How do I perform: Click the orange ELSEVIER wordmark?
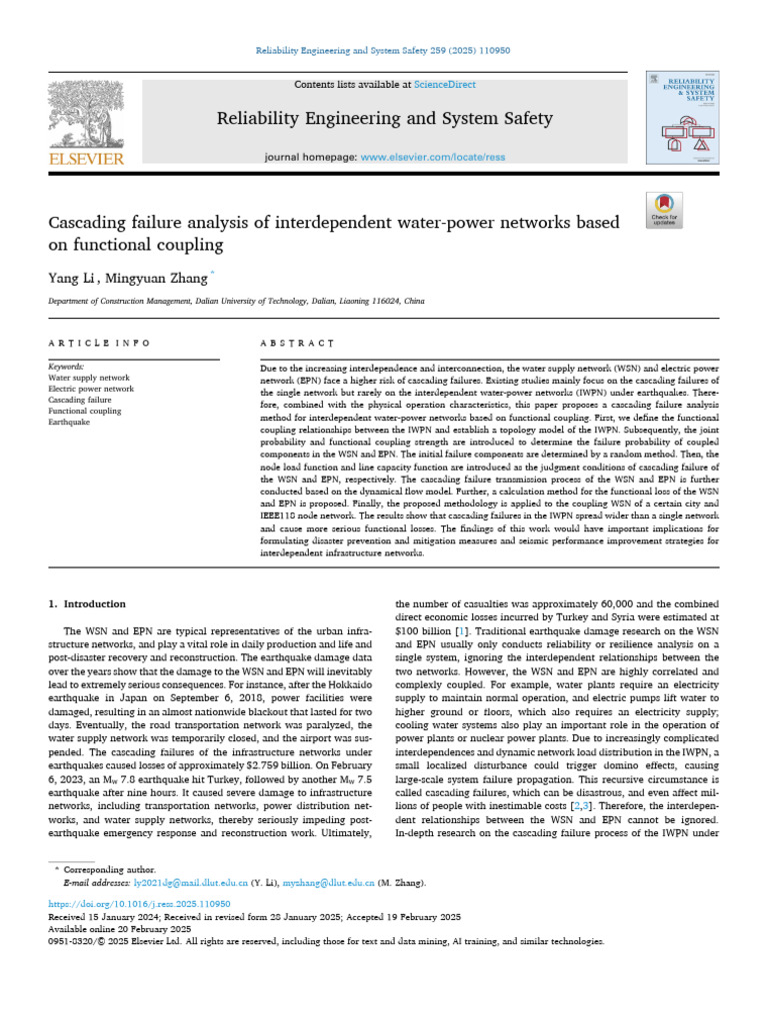click(x=86, y=159)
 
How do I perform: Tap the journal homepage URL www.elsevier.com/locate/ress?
click(x=431, y=158)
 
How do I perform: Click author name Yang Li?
click(x=71, y=277)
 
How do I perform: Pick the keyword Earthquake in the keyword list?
click(x=70, y=423)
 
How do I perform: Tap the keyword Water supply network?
click(x=89, y=379)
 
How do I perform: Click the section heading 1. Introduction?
click(x=88, y=604)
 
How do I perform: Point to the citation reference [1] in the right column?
click(x=460, y=632)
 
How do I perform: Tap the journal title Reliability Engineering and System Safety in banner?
click(x=384, y=120)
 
